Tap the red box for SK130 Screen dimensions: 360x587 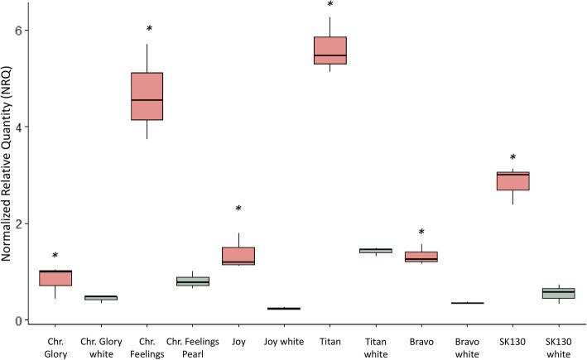512,180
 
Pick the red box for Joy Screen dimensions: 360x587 238,256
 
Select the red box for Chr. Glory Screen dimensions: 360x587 55,277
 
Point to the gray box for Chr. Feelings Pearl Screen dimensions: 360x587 193,281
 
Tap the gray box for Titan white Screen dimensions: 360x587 375,250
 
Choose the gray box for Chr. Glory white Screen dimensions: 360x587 102,297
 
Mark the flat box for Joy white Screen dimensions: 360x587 284,308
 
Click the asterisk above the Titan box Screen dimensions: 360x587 330,6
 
